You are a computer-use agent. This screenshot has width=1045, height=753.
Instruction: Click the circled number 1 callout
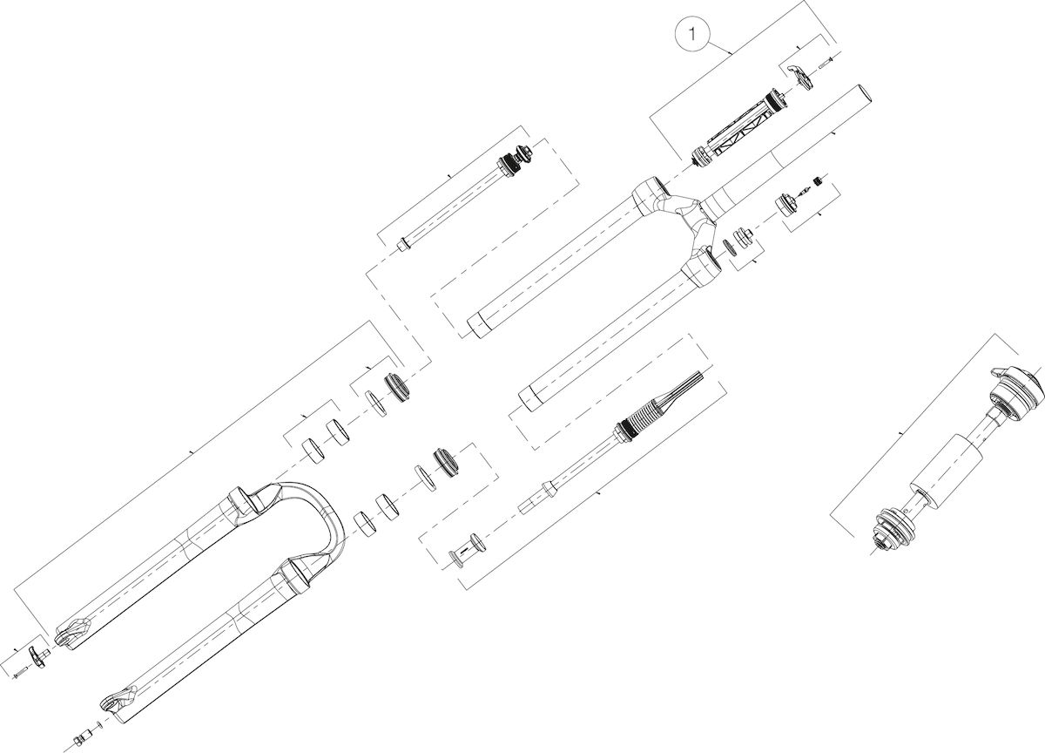692,34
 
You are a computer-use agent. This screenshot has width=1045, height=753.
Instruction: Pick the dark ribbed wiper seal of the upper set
396,387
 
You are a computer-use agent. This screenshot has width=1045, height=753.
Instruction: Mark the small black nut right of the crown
817,180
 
